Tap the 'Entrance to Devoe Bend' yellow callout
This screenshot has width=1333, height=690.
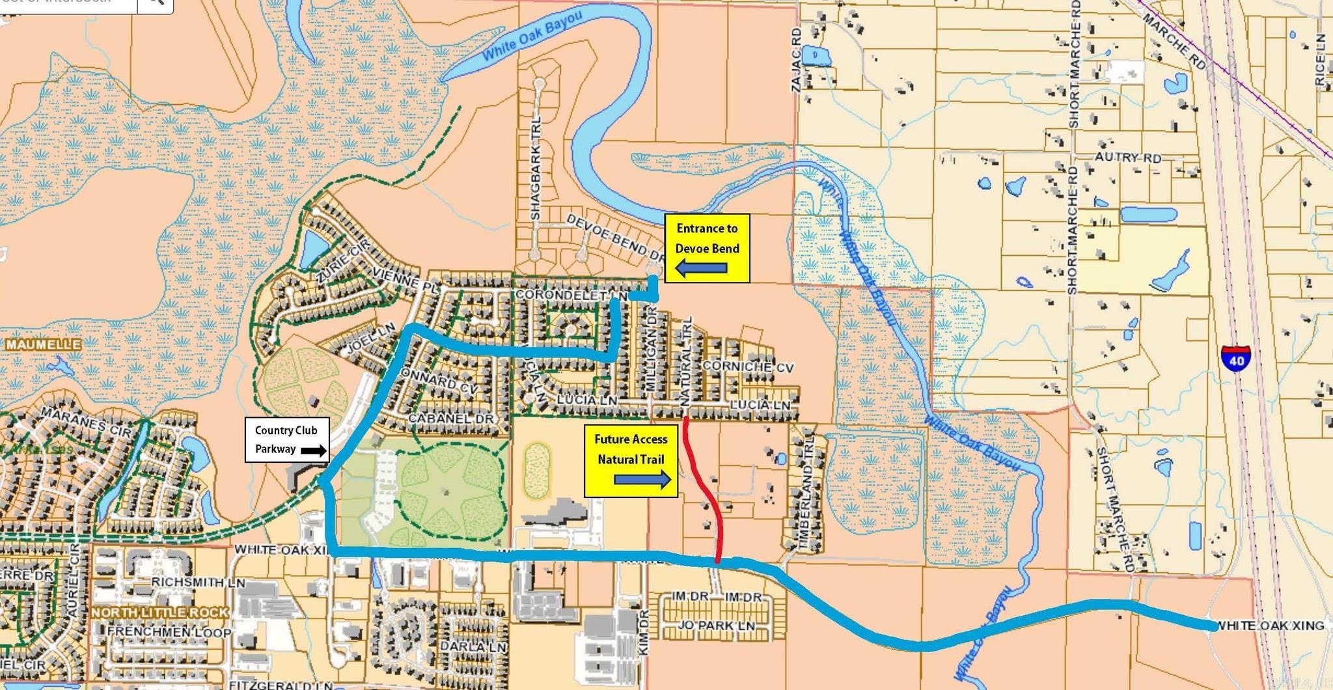pos(707,247)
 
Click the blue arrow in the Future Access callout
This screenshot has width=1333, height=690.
pos(642,481)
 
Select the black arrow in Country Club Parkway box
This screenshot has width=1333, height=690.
pos(313,450)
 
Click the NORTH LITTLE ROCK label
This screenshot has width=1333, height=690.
pos(160,613)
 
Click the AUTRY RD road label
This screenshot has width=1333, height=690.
pos(1127,158)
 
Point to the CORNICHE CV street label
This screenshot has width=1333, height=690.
pos(748,366)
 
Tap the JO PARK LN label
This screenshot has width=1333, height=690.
pos(716,626)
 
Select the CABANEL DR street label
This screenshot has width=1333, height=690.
pos(450,419)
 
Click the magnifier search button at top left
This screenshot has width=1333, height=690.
pos(156,3)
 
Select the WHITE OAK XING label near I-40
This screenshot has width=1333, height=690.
pos(1270,626)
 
